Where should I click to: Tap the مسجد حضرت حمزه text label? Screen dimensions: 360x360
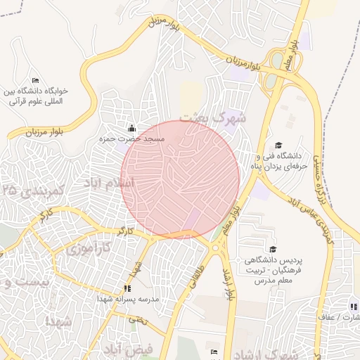pyautogui.click(x=131, y=140)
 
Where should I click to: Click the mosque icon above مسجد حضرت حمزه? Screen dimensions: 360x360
pyautogui.click(x=131, y=128)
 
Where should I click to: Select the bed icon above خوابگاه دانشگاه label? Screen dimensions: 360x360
pyautogui.click(x=36, y=80)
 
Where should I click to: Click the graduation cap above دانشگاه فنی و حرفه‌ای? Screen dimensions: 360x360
pyautogui.click(x=278, y=143)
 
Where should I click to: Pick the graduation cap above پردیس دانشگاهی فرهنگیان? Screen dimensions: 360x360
pyautogui.click(x=272, y=249)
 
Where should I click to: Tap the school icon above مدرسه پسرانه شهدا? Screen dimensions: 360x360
pyautogui.click(x=127, y=288)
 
